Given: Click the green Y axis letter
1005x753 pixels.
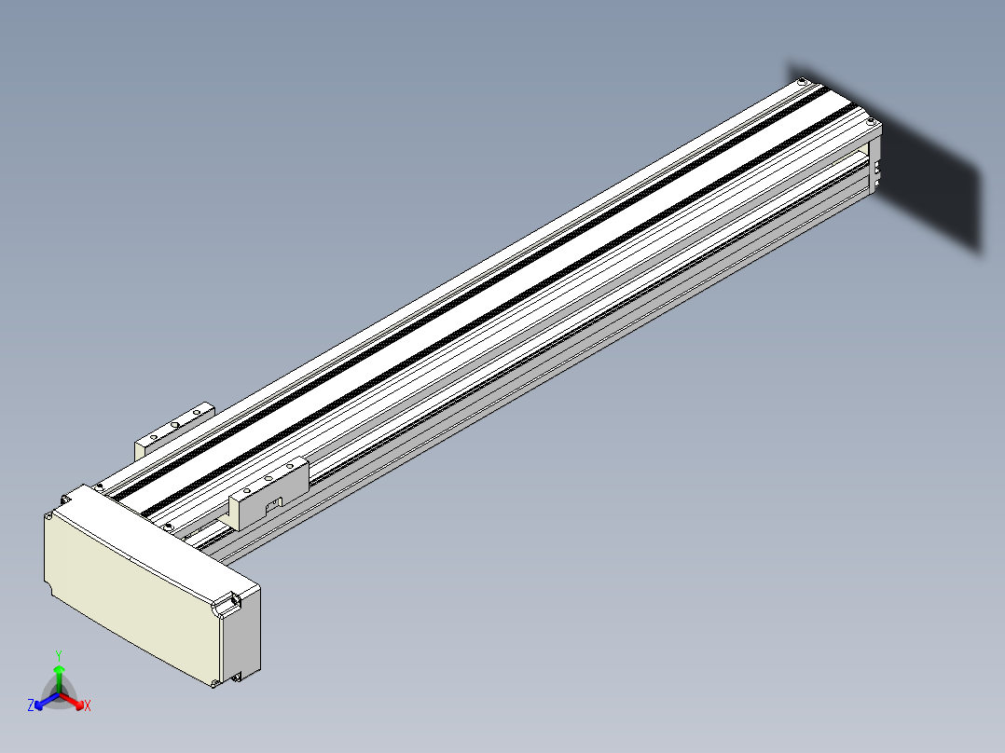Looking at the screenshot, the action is [x=59, y=655].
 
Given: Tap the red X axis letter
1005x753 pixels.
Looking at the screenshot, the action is [x=88, y=705].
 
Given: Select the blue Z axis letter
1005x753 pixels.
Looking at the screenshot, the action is [x=31, y=705].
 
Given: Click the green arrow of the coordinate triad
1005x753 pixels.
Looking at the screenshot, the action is [x=59, y=678].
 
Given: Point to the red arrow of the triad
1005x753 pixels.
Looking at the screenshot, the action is [x=72, y=701].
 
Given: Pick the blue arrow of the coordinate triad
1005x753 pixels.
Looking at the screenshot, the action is [x=47, y=701].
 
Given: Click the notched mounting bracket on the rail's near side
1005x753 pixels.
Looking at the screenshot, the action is [x=268, y=494].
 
